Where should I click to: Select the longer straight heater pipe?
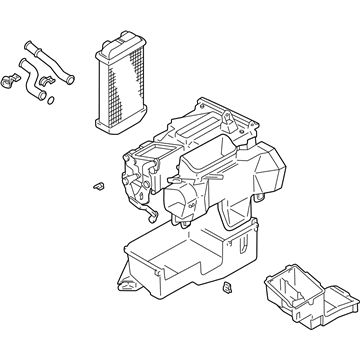[45, 55]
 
